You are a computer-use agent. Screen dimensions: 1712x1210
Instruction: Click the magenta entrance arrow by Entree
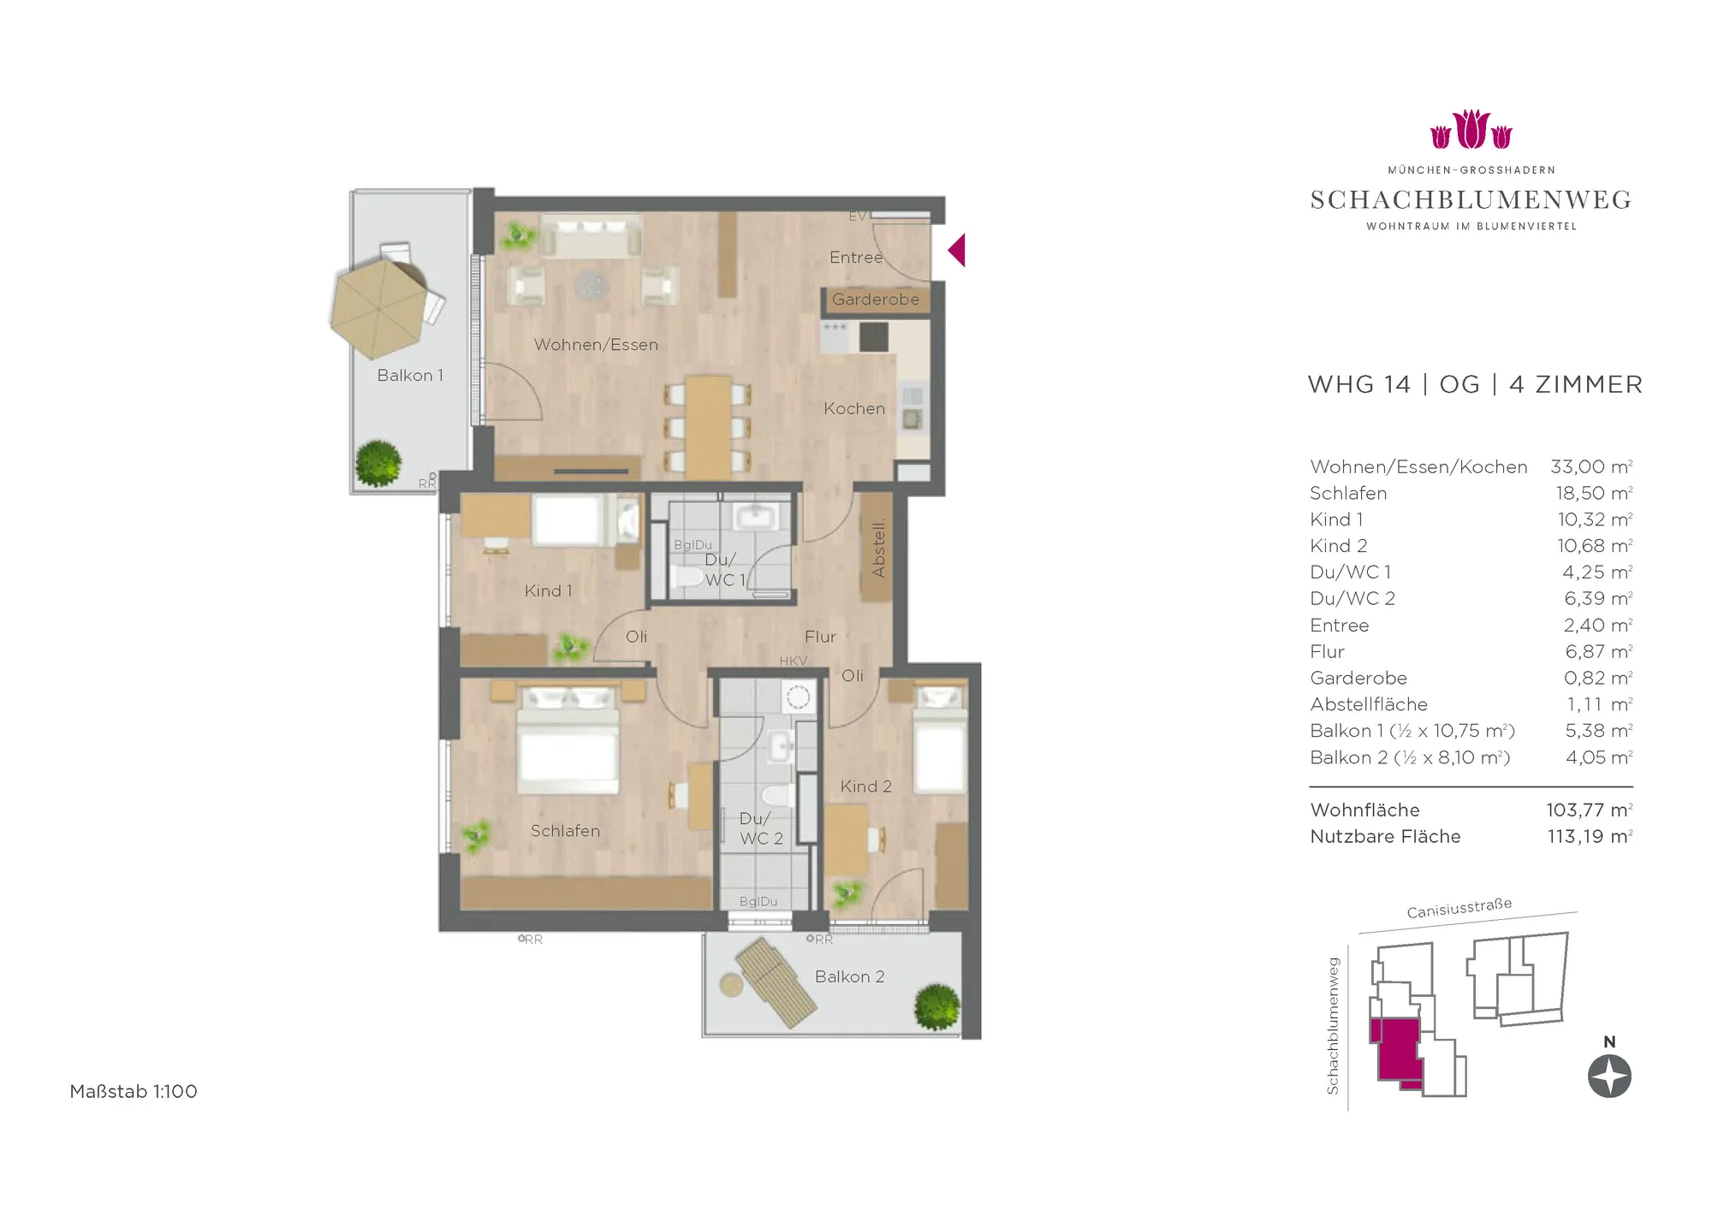pos(958,250)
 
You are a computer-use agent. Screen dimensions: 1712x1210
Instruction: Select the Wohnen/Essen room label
pos(596,345)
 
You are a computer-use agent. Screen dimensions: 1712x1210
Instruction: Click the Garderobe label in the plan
pos(876,300)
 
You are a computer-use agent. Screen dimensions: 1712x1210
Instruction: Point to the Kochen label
pos(854,409)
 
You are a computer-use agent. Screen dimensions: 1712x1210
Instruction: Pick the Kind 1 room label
pos(548,591)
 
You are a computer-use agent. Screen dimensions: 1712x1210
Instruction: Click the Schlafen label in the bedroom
pos(565,831)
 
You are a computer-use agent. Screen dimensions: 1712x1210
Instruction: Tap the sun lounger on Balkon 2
pos(777,982)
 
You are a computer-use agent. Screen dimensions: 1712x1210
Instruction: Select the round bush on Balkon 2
pos(936,1007)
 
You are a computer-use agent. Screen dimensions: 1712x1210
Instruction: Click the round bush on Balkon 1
pos(378,463)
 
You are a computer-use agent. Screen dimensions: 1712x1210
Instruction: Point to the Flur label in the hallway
pos(820,637)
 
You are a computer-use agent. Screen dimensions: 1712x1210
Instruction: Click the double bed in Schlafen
pos(568,741)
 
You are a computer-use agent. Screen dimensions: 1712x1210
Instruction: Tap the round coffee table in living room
pos(591,284)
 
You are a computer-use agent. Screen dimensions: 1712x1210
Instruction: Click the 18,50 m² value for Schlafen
pos(1594,494)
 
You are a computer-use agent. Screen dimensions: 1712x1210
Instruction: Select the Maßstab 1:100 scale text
pos(134,1092)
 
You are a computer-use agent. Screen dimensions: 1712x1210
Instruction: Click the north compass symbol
pos(1609,1077)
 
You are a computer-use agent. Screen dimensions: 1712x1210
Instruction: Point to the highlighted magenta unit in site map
pos(1396,1053)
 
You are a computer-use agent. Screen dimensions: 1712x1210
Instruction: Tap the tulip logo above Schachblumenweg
pos(1471,129)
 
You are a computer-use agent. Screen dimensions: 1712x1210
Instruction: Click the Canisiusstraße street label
pos(1459,908)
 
